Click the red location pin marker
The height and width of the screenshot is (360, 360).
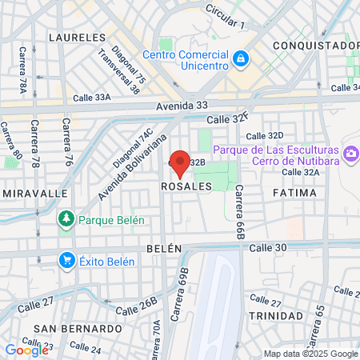coord(180,163)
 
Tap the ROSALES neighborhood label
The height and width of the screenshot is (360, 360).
coord(186,186)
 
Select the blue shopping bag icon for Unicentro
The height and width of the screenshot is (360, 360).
coord(239,58)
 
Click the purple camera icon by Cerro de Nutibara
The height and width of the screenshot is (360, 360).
coord(350,152)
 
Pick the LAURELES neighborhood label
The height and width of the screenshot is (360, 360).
coord(77,38)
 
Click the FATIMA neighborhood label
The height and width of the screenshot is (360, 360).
coord(289,194)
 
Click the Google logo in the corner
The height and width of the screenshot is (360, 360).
coord(26,350)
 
